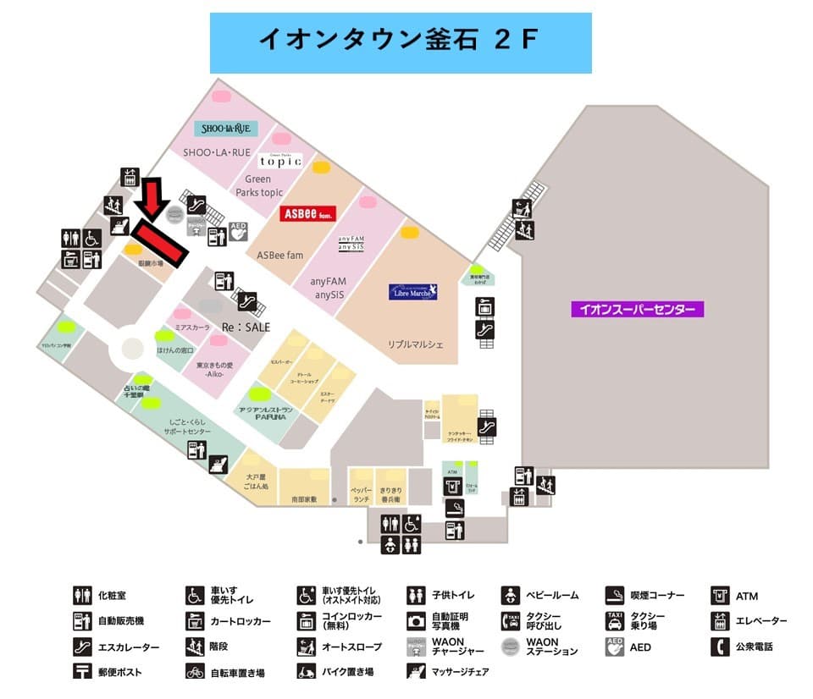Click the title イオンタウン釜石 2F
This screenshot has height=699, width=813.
point(400,41)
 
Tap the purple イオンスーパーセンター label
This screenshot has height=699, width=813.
point(637,310)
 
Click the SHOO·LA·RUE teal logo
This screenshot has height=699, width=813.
point(226,129)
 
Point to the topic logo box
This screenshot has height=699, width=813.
point(280,161)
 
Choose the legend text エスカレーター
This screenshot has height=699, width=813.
point(129,647)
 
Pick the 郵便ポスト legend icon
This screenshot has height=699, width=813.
point(82,673)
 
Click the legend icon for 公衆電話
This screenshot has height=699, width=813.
point(721,647)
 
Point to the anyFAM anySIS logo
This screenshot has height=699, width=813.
point(351,242)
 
